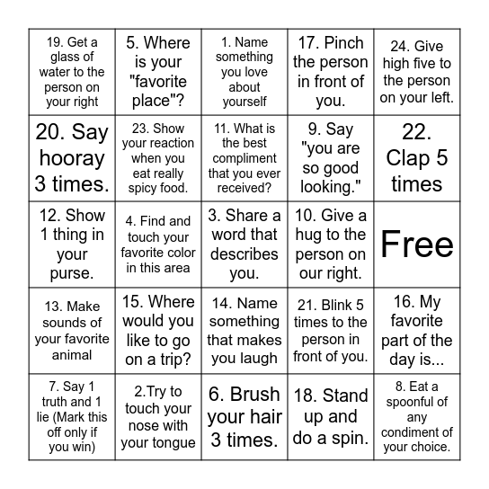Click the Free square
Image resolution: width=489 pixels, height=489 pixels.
(x=417, y=244)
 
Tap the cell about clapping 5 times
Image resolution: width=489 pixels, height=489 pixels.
(x=417, y=158)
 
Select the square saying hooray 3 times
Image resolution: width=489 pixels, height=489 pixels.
(x=72, y=158)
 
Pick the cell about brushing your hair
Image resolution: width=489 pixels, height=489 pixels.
(x=244, y=417)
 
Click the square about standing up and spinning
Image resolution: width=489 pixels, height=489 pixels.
(x=331, y=417)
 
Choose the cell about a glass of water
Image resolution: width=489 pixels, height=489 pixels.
(x=72, y=72)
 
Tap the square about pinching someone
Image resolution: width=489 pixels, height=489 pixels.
(x=331, y=72)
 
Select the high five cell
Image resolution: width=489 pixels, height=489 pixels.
(x=417, y=72)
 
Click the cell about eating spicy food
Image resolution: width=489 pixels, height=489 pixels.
(x=158, y=158)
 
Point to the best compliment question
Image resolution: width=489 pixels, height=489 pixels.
(x=244, y=158)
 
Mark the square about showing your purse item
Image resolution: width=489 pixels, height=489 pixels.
(x=72, y=244)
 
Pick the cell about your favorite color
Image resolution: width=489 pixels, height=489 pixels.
(x=158, y=244)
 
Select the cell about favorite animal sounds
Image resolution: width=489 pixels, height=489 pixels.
(x=72, y=331)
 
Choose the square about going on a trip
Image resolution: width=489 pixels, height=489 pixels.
(x=158, y=331)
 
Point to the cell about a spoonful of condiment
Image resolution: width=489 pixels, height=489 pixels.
(x=417, y=417)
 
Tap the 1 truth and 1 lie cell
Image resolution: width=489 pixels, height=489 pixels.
(x=72, y=417)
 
